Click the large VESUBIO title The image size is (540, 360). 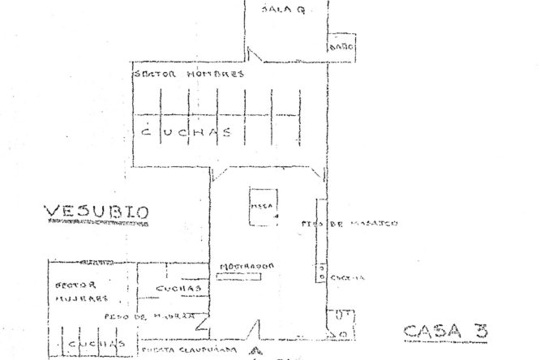pyautogui.click(x=96, y=213)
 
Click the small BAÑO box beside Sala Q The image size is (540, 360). pyautogui.click(x=339, y=47)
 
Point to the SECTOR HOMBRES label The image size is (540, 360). pyautogui.click(x=188, y=74)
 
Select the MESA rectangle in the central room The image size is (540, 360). pyautogui.click(x=264, y=206)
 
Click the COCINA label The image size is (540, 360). pyautogui.click(x=349, y=276)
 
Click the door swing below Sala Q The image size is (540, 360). pyautogui.click(x=254, y=57)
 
